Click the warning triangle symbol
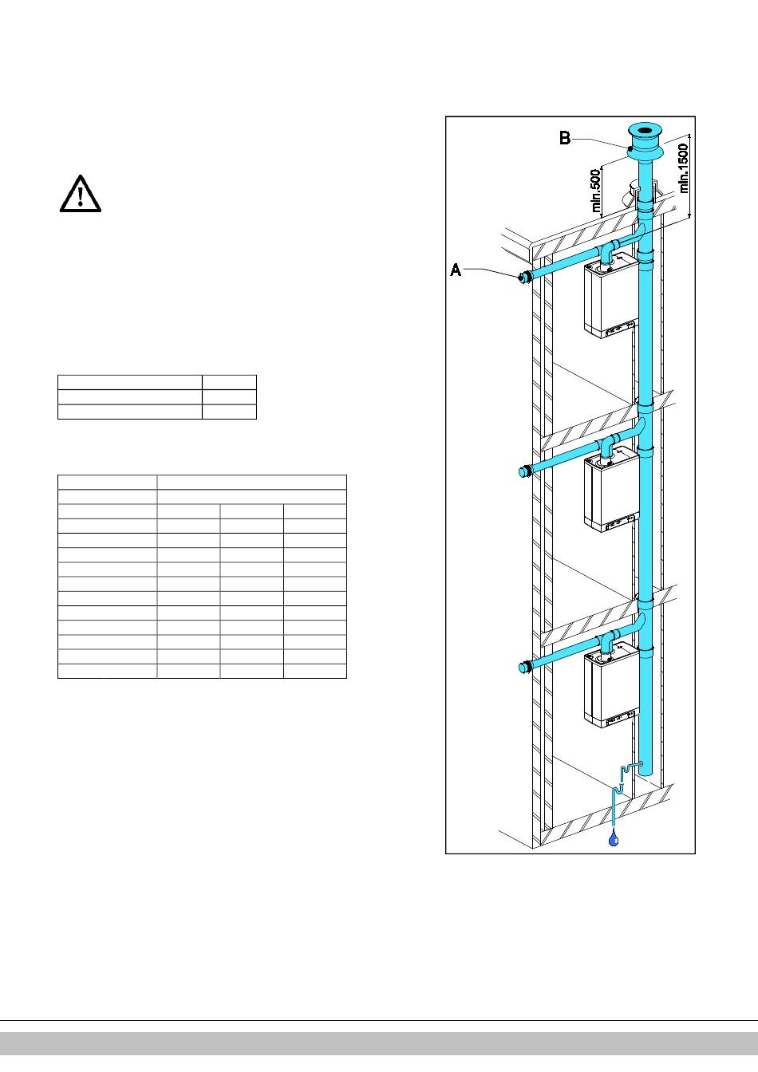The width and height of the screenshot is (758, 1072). (81, 194)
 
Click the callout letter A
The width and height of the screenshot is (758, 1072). (456, 270)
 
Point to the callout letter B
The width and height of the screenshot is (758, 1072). (565, 138)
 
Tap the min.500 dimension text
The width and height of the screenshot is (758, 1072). (595, 191)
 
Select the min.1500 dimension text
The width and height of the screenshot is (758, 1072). (684, 168)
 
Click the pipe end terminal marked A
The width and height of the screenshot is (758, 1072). (524, 278)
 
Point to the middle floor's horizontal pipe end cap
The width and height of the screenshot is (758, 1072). (524, 471)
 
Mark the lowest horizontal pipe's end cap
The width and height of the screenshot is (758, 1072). (524, 667)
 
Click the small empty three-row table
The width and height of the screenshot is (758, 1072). (157, 397)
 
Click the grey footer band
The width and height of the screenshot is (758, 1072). (379, 1044)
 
